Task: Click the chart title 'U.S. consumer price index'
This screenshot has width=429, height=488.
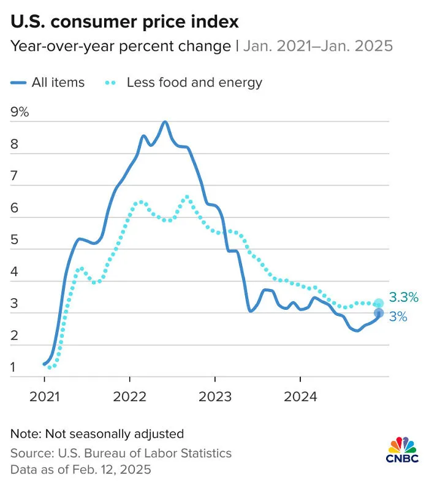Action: pos(124,22)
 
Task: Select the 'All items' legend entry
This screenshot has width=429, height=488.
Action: pos(48,83)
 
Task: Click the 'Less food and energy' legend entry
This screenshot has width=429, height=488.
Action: pos(183,83)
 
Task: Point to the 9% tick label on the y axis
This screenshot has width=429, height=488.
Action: pos(20,111)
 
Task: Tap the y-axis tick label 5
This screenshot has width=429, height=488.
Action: pos(14,239)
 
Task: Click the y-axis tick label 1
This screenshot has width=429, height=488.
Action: pos(13,367)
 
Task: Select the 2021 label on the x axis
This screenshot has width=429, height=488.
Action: pos(44,397)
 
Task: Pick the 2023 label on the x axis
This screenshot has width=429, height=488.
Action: pos(215,397)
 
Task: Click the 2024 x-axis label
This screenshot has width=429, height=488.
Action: pos(300,397)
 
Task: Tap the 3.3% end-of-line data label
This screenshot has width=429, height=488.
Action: pos(404,297)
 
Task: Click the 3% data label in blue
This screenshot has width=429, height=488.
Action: pos(398,317)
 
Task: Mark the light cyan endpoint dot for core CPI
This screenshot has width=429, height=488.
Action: pos(379,303)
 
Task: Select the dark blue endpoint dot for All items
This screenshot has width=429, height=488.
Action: pos(379,313)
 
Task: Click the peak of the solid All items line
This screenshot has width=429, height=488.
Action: pos(165,122)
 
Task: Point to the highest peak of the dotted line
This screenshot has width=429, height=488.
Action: pos(187,197)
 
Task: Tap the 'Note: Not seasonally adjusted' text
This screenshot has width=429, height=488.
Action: pos(97,434)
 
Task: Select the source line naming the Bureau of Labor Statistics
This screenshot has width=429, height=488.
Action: pos(121,453)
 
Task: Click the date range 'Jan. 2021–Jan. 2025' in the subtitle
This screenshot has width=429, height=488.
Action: pos(318,46)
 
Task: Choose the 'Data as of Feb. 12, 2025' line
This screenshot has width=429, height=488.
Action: pos(81,470)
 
